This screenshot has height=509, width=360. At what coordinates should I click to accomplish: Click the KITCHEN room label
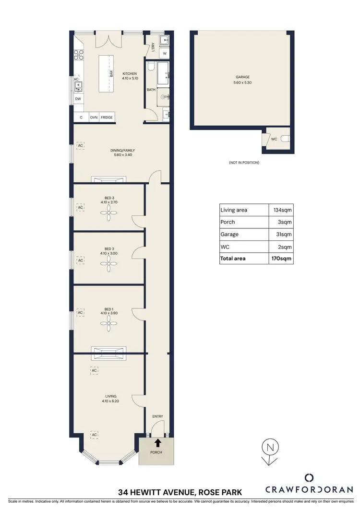pyautogui.click(x=116, y=74)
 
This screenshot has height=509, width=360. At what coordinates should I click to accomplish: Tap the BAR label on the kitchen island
pyautogui.click(x=111, y=74)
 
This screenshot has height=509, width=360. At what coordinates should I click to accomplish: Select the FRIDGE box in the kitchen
pyautogui.click(x=107, y=118)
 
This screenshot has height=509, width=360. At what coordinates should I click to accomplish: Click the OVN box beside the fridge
pyautogui.click(x=94, y=118)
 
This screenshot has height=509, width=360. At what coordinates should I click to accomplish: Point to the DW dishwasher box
pyautogui.click(x=78, y=99)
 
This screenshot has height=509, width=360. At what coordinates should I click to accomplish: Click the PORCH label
pyautogui.click(x=156, y=452)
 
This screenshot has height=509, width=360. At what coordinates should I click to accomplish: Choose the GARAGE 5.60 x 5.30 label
pyautogui.click(x=242, y=80)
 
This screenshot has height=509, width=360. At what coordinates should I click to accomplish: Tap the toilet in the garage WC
pyautogui.click(x=285, y=139)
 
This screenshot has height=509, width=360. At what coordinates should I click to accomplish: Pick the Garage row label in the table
pyautogui.click(x=229, y=234)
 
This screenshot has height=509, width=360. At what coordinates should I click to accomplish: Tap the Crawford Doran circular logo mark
pyautogui.click(x=310, y=478)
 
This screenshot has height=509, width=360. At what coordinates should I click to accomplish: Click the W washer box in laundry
pyautogui.click(x=165, y=53)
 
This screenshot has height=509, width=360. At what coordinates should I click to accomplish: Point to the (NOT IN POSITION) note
pyautogui.click(x=244, y=163)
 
